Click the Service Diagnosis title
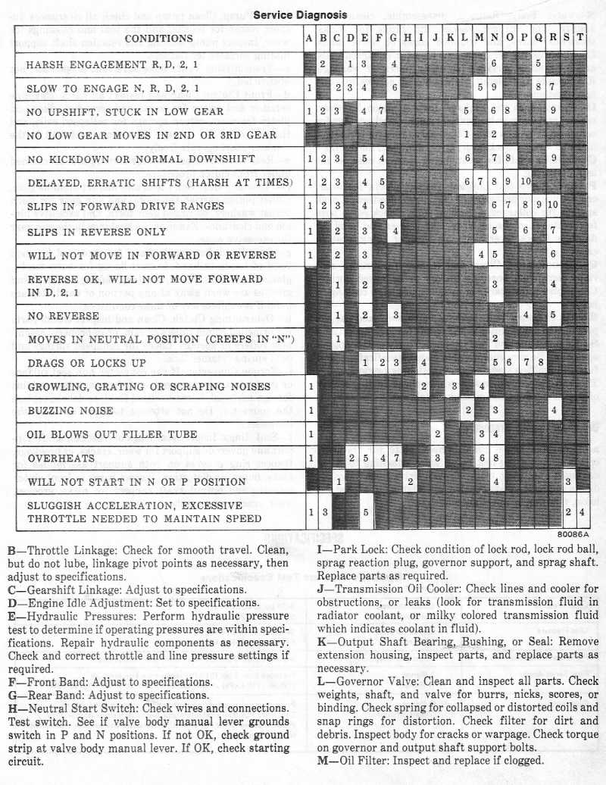(x=300, y=14)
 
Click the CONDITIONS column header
(x=158, y=38)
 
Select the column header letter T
(x=581, y=38)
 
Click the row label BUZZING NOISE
(x=70, y=411)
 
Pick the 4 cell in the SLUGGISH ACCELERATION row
(x=581, y=512)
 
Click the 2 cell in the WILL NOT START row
(x=410, y=482)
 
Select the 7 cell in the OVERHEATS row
(x=396, y=458)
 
